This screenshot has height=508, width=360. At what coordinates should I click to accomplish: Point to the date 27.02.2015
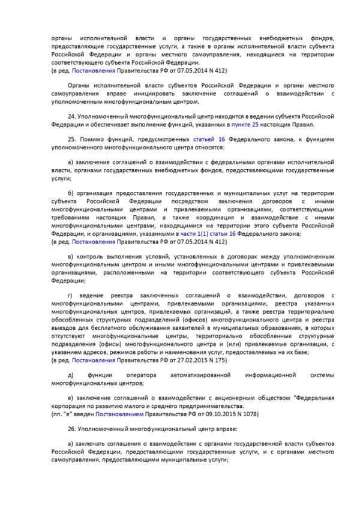pyautogui.click(x=193, y=360)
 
